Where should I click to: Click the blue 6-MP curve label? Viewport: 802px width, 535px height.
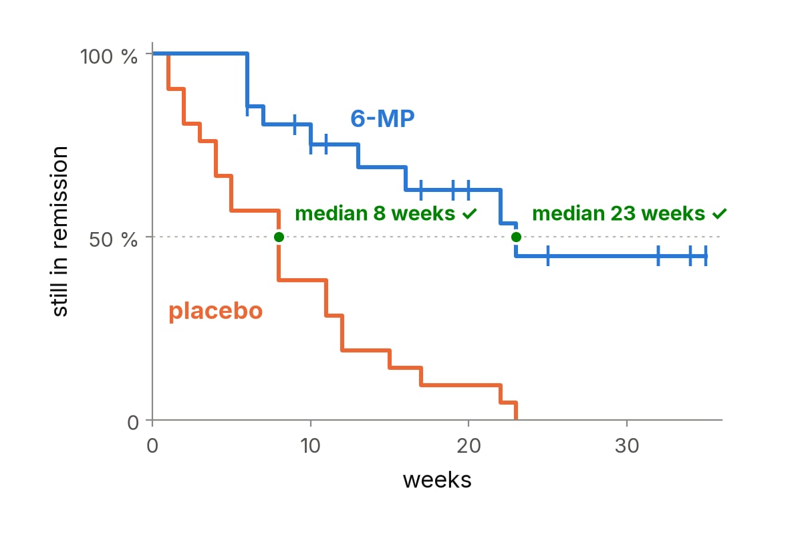click(382, 118)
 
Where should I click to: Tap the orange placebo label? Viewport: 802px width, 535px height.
click(215, 311)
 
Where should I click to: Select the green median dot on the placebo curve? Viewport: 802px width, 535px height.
click(279, 237)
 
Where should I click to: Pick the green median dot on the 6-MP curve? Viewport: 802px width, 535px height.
click(516, 237)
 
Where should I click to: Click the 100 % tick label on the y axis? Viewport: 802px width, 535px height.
click(108, 57)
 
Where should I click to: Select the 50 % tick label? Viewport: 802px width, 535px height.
click(113, 239)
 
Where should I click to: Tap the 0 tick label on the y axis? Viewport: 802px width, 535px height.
click(133, 423)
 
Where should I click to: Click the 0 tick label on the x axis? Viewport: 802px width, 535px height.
click(152, 446)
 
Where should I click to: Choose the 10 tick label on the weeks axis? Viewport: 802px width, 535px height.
click(310, 446)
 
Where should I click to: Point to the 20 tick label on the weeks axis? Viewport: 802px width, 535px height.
click(469, 446)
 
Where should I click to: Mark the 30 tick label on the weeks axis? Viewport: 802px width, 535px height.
click(627, 446)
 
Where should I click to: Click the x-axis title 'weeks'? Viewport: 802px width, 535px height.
click(437, 480)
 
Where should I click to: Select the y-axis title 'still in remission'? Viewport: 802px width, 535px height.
click(59, 231)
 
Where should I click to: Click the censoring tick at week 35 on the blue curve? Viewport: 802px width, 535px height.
click(706, 256)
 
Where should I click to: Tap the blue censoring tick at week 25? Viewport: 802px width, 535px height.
click(548, 256)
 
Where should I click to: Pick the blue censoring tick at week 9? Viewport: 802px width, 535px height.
click(295, 124)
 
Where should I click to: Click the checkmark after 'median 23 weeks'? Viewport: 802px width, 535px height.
click(720, 213)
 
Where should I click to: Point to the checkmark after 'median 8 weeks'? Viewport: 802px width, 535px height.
click(470, 213)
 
